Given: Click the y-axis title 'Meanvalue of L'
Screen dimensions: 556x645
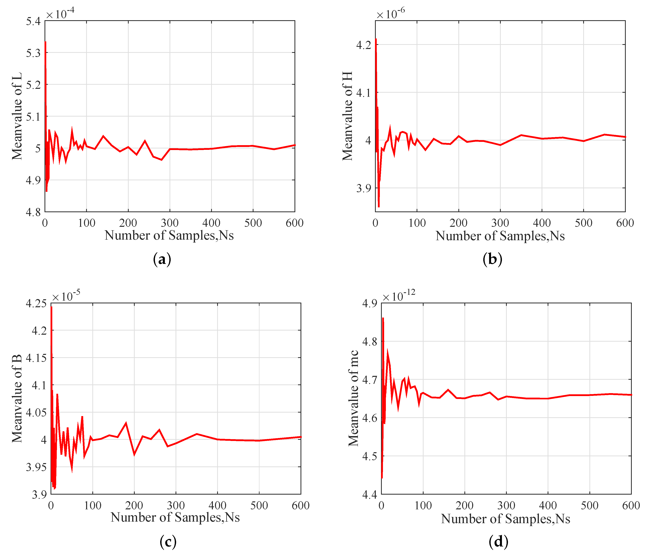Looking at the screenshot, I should pos(17,116).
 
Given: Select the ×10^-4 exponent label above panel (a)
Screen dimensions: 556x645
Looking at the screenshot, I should pos(60,13).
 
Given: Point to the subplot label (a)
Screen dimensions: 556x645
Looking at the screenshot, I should pos(162,259).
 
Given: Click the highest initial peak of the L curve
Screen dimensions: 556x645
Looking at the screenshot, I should pos(45,42).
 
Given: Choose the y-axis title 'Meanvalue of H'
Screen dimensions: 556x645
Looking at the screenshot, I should pos(347,116).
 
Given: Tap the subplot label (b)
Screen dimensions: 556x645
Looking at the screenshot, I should pos(492,259).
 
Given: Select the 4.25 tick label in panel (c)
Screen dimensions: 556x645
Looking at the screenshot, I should pos(36,304).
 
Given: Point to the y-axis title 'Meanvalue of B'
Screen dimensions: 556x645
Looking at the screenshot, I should pos(17,399).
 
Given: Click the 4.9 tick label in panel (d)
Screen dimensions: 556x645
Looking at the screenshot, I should pos(370,304).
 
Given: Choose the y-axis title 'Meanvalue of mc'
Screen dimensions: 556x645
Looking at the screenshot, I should pos(353,399).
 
